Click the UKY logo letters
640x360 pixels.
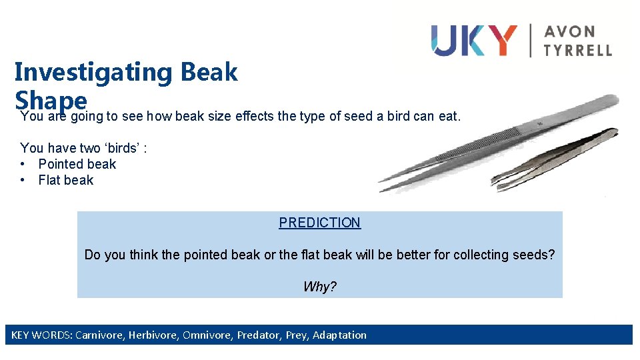tap(473, 40)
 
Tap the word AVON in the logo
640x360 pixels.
tap(570, 31)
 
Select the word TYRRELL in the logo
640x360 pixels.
tap(577, 49)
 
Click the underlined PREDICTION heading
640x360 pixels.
tap(319, 223)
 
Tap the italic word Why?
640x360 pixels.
tap(319, 287)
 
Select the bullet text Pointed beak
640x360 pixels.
tap(77, 164)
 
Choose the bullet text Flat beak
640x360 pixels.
tap(65, 180)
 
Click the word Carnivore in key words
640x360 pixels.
tap(99, 335)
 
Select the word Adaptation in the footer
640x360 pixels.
tap(339, 335)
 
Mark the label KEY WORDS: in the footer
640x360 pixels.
tap(41, 335)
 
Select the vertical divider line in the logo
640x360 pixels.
tap(531, 40)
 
